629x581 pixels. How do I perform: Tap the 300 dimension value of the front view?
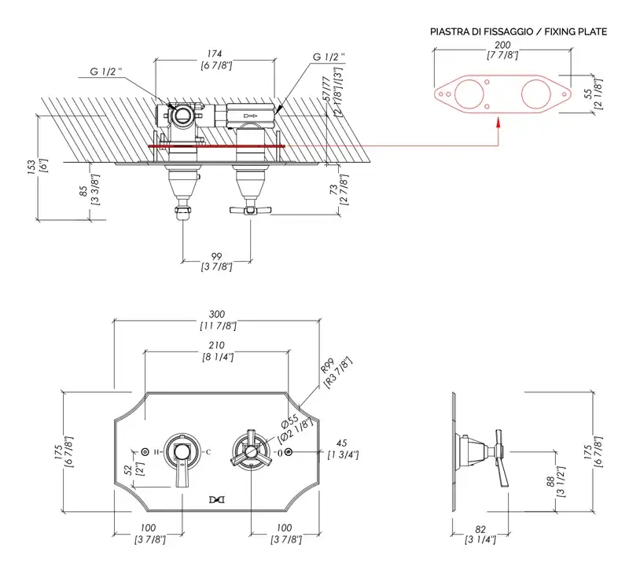(217, 313)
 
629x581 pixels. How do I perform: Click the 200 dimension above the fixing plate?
(501, 46)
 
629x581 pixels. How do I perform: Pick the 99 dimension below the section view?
(216, 256)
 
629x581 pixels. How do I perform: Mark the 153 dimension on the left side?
(30, 167)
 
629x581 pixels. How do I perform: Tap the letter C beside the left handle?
(208, 451)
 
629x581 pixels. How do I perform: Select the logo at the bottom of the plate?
(216, 498)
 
